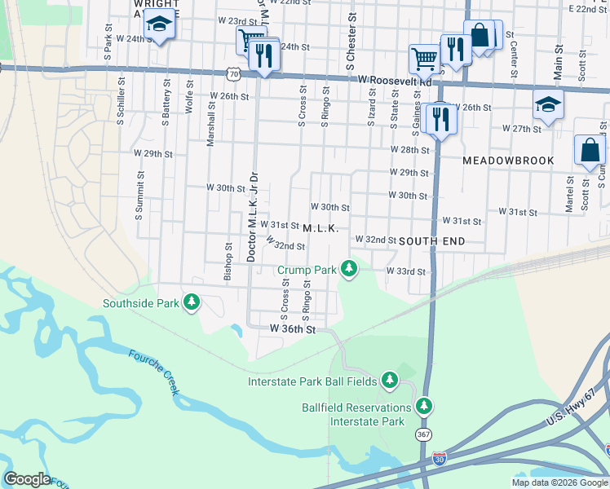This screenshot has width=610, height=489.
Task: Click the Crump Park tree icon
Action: point(349,268)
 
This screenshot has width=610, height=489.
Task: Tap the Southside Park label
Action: point(139,303)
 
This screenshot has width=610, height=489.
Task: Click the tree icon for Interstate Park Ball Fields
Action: point(390,380)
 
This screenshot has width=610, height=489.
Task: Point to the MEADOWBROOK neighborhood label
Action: point(508,161)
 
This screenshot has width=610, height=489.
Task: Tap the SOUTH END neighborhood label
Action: point(432,241)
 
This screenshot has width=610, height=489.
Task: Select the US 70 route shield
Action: point(234,74)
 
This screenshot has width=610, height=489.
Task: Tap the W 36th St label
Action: point(293,328)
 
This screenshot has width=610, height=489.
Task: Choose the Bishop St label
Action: point(228,262)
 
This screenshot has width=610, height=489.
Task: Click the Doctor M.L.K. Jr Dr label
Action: point(253,217)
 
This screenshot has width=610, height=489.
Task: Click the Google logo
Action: point(27,479)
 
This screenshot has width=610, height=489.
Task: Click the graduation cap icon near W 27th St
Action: point(548,104)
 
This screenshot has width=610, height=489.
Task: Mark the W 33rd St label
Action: point(406,271)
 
